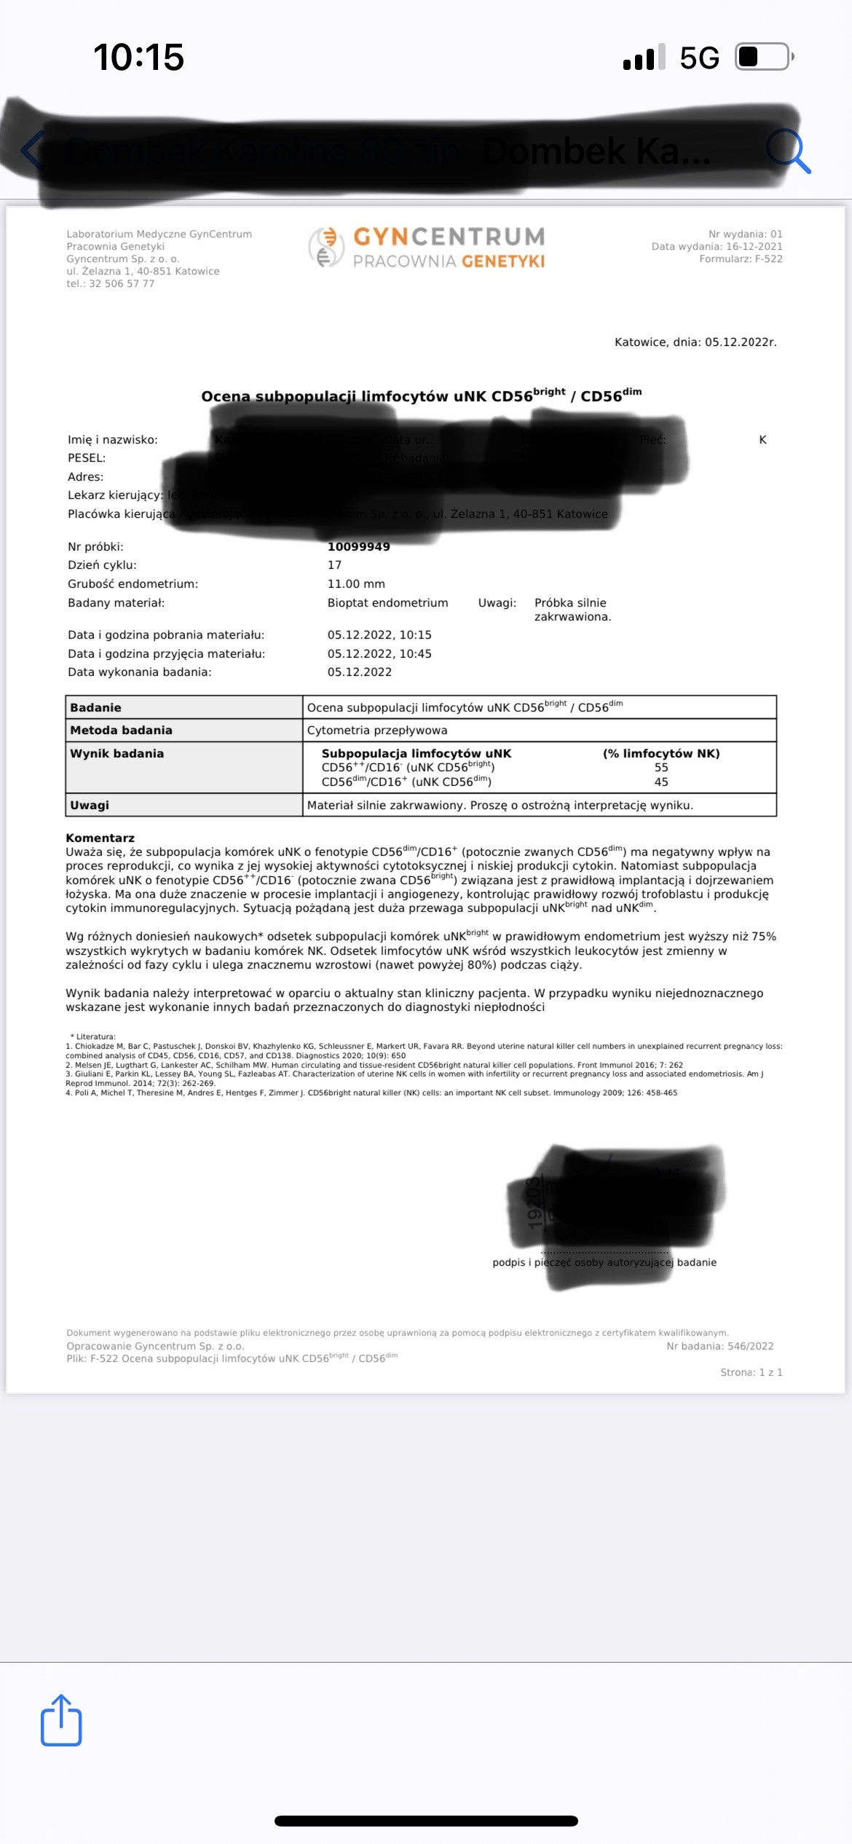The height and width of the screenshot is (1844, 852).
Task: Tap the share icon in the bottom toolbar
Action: click(61, 1720)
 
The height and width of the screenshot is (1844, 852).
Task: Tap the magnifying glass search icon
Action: click(789, 151)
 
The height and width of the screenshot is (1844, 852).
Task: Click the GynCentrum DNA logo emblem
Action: click(325, 247)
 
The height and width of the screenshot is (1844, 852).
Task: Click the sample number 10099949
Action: click(358, 547)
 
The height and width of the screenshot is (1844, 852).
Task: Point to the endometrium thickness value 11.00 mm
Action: click(356, 584)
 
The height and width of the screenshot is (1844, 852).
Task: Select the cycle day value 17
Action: click(334, 565)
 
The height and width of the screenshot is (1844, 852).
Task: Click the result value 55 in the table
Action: click(661, 768)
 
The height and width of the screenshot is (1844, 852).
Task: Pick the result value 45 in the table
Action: click(661, 782)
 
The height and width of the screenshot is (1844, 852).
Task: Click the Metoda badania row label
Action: click(121, 730)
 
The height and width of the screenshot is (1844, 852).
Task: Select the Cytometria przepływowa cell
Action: click(377, 730)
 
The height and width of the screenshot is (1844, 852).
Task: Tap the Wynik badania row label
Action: click(117, 754)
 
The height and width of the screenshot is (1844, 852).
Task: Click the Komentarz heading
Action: click(100, 838)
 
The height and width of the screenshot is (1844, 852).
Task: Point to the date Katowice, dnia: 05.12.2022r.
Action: click(695, 342)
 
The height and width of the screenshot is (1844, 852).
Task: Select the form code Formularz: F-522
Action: click(741, 259)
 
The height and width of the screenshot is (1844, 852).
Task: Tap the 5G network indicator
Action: click(699, 58)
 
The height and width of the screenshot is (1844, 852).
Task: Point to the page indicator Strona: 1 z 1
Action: click(751, 1373)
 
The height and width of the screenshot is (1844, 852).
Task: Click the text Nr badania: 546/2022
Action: click(719, 1347)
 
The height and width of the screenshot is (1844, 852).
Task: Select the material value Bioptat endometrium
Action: click(387, 603)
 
